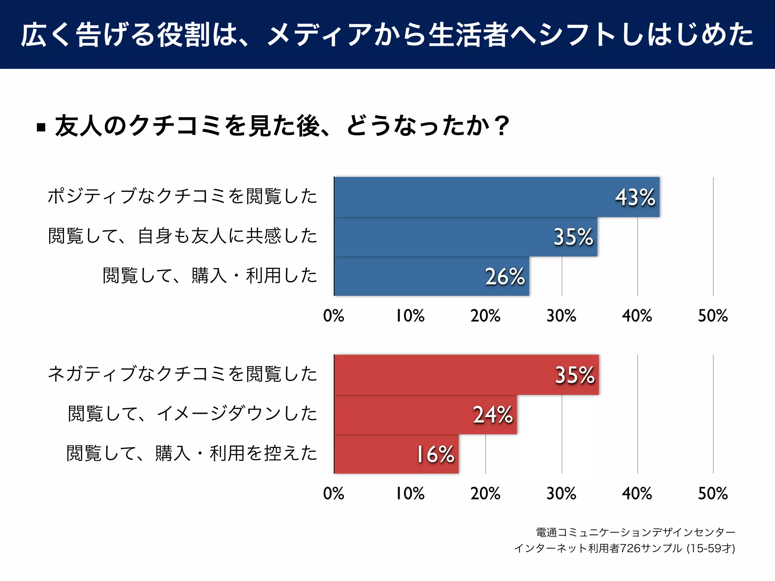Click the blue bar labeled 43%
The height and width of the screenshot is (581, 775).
496,197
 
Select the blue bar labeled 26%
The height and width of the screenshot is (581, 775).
431,276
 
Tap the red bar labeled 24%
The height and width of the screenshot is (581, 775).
425,415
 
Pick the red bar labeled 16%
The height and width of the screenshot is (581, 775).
396,454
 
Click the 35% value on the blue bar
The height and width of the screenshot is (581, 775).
573,237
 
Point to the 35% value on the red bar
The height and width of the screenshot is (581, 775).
574,375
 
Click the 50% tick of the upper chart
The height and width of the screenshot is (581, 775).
713,316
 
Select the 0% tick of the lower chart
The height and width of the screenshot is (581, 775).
334,494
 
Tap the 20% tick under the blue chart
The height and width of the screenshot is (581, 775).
486,316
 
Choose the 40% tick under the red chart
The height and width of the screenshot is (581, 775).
637,494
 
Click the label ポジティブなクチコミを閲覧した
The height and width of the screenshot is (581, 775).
182,196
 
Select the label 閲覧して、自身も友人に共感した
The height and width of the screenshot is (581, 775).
182,236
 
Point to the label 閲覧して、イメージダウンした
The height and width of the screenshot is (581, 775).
192,413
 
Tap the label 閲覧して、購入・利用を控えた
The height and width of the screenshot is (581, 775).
191,453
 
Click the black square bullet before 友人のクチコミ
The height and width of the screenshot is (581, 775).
41,127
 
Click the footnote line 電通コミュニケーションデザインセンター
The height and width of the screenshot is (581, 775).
635,532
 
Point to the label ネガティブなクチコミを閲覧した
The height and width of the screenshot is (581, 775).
182,374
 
